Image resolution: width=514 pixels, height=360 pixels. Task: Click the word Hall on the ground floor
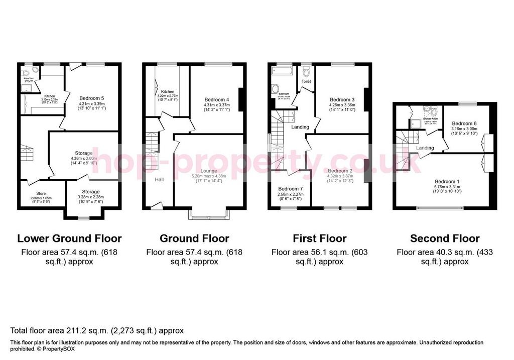[x=159, y=179]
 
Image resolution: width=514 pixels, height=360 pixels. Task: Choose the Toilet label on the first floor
[x=306, y=81]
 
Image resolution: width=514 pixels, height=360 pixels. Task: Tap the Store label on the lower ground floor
[x=41, y=193]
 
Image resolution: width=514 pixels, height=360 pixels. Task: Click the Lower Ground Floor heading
[x=69, y=238]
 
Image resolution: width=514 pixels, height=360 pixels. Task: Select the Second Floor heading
[x=444, y=238]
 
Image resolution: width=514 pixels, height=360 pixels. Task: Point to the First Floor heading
[x=319, y=238]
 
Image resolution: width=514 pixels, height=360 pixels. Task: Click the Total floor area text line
[x=97, y=330]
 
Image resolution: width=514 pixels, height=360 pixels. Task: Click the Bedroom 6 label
[x=464, y=124]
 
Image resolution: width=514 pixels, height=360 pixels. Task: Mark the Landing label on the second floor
[x=425, y=148]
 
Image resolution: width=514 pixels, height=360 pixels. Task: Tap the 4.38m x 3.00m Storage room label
[x=84, y=153]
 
